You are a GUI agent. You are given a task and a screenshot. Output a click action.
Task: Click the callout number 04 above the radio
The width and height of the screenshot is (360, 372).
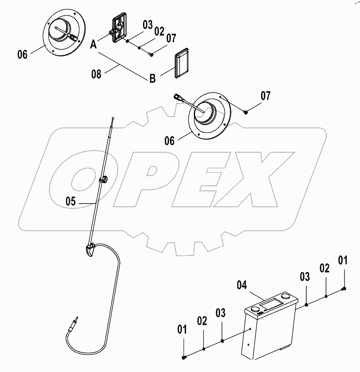[243, 285]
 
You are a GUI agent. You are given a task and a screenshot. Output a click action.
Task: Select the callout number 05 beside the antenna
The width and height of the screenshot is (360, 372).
[71, 201]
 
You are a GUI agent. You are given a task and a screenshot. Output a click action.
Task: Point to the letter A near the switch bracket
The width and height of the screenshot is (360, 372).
[94, 44]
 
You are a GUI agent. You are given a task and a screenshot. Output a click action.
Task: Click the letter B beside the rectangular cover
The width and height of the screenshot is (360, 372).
[153, 78]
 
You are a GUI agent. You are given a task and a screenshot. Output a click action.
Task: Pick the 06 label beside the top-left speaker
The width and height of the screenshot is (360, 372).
[23, 54]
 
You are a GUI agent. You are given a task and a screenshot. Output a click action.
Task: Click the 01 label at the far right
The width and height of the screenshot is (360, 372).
[343, 261]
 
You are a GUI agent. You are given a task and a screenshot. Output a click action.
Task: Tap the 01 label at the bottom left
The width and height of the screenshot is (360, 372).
[182, 329]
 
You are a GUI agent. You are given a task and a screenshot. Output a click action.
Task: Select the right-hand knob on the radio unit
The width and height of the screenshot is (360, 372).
[285, 296]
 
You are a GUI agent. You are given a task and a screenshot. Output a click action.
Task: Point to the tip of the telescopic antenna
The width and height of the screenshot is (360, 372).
[113, 119]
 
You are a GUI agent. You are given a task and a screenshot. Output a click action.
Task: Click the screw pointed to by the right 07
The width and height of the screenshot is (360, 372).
[246, 111]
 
